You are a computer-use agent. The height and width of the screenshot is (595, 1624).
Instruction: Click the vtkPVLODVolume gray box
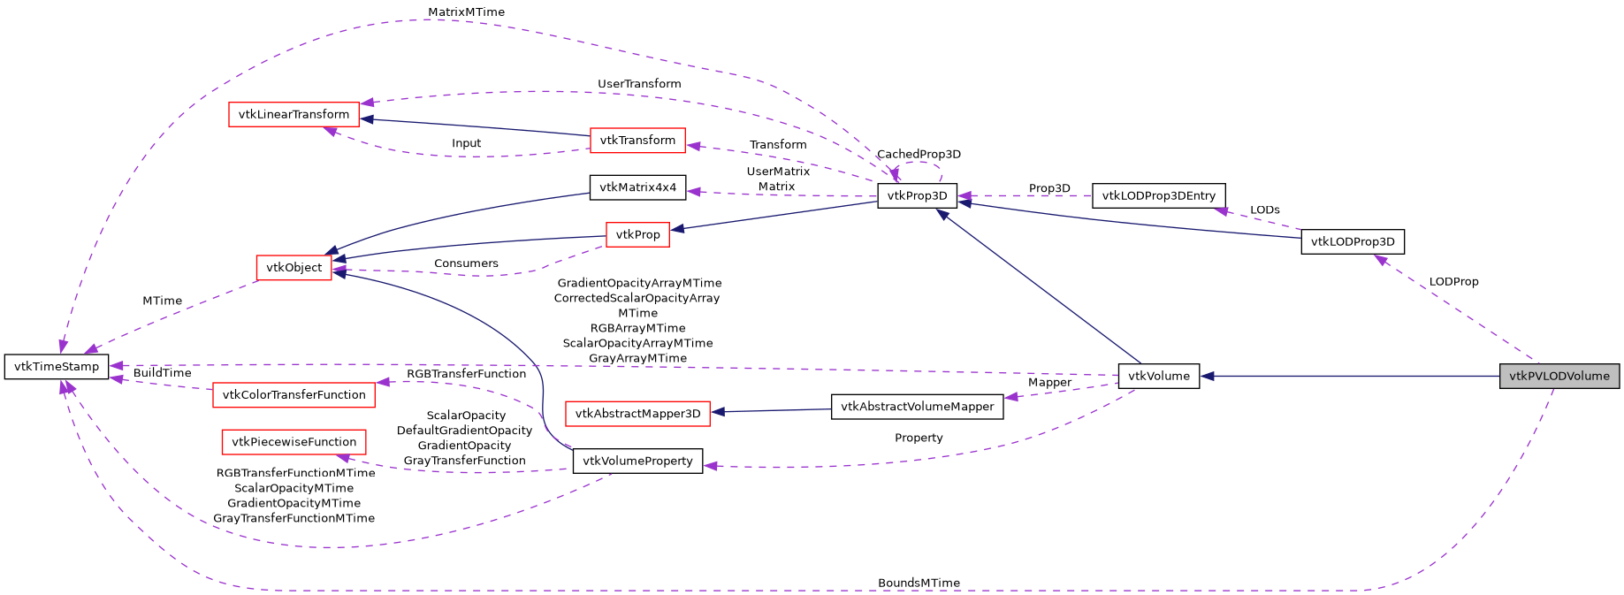click(1559, 376)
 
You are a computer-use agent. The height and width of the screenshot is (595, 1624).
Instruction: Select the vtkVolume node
click(1158, 376)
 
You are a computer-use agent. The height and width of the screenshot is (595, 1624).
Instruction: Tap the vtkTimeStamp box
click(57, 366)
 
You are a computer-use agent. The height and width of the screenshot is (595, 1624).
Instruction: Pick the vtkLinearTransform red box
click(294, 114)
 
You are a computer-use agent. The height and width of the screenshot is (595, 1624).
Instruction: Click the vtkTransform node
click(637, 140)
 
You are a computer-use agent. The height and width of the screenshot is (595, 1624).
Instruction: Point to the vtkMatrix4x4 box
click(637, 187)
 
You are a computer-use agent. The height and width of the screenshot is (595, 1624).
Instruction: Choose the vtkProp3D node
click(917, 196)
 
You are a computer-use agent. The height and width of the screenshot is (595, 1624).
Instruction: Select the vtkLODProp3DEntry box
click(1158, 195)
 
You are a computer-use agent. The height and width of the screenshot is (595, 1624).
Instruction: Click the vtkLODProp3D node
click(1352, 241)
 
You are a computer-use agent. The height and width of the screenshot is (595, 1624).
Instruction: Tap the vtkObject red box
click(294, 267)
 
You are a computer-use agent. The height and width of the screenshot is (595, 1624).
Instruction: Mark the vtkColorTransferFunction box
click(294, 395)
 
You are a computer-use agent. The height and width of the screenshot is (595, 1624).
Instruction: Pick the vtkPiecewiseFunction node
click(294, 442)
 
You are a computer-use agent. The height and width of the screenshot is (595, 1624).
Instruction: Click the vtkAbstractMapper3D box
click(637, 414)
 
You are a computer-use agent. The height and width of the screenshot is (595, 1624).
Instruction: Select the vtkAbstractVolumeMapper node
click(917, 407)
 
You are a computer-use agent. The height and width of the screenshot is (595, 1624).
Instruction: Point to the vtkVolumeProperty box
click(637, 461)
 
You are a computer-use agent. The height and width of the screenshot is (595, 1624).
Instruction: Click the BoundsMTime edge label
click(918, 583)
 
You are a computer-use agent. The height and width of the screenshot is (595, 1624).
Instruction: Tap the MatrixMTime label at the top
click(466, 12)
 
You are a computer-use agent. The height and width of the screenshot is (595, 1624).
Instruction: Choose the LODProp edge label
click(1452, 282)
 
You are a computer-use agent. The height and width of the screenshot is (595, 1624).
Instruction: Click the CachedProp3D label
click(918, 154)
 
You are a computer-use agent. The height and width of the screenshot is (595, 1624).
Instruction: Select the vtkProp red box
click(637, 234)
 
